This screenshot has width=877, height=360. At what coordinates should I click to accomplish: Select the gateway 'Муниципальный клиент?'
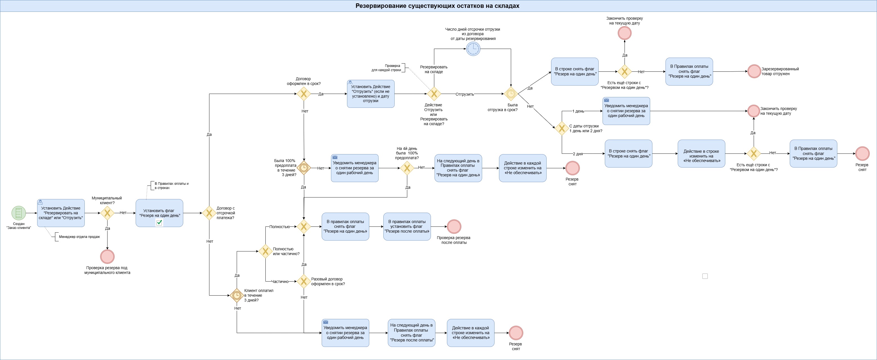click(107, 213)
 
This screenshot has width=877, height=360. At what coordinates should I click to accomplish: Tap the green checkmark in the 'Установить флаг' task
click(159, 222)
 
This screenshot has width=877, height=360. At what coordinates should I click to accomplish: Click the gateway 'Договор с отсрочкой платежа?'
click(209, 213)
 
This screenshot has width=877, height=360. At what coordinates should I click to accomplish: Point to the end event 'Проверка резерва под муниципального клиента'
click(107, 256)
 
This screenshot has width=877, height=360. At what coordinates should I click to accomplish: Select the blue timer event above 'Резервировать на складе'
click(473, 49)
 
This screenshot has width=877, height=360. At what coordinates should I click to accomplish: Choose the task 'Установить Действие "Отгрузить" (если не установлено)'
click(371, 94)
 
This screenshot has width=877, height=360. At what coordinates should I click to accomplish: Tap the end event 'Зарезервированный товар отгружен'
click(754, 71)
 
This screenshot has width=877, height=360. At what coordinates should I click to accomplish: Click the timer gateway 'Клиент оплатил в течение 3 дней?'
click(237, 295)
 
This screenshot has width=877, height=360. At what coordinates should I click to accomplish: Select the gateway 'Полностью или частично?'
click(265, 251)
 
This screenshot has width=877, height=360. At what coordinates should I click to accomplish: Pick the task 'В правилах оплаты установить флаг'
click(407, 227)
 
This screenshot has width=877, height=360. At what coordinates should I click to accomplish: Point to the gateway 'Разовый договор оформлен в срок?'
click(303, 282)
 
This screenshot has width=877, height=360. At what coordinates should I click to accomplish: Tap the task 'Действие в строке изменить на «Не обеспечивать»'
click(701, 154)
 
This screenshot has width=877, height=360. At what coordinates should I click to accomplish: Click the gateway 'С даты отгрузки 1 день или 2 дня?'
click(562, 128)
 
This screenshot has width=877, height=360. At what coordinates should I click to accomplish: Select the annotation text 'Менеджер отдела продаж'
click(79, 237)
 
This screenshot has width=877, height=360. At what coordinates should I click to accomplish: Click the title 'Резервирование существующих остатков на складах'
click(437, 6)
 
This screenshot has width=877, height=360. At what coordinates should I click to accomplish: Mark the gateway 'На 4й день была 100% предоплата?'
click(407, 168)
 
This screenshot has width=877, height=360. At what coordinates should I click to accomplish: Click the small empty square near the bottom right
click(705, 276)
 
